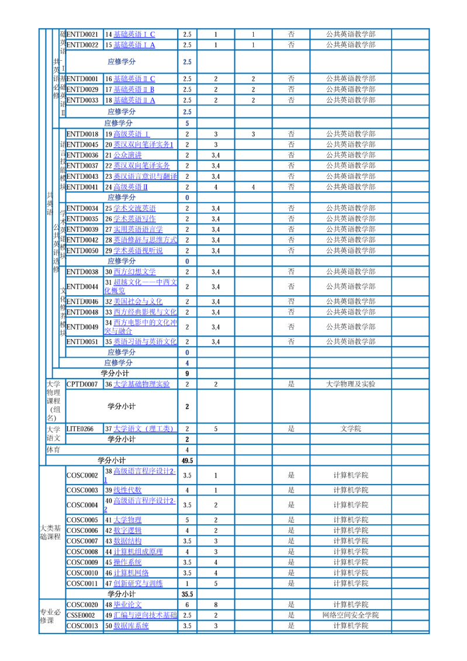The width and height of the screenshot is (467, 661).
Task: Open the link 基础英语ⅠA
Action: click(134, 45)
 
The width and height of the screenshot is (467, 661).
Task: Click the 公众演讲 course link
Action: click(127, 155)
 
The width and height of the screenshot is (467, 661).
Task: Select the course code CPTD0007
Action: click(82, 385)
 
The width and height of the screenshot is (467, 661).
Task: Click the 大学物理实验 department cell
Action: click(351, 385)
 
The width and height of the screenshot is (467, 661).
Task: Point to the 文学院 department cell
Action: click(351, 429)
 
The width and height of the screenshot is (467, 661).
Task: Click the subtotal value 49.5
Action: click(187, 461)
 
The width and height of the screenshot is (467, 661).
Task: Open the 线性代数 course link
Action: click(127, 490)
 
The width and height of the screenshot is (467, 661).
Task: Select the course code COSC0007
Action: click(82, 541)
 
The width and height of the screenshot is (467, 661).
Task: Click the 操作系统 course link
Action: click(127, 562)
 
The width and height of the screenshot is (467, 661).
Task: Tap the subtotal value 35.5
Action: click(187, 594)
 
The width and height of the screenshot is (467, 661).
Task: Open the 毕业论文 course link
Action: click(127, 604)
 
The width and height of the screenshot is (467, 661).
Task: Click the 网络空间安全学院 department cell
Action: click(351, 615)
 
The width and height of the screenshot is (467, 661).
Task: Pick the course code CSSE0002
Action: click(81, 615)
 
